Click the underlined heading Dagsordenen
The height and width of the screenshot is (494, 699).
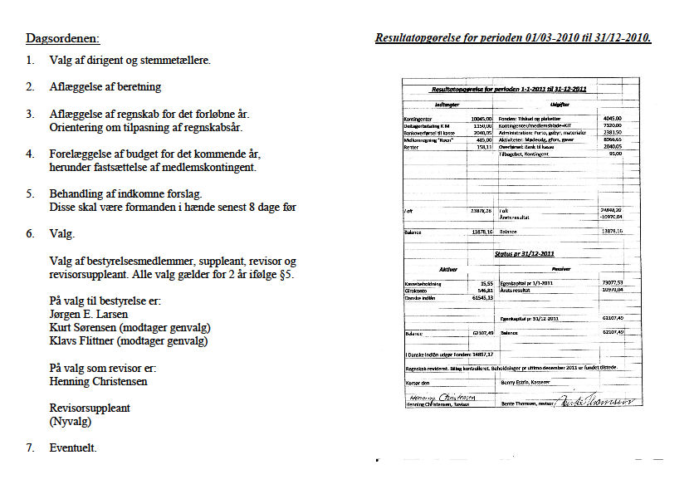pos(62,38)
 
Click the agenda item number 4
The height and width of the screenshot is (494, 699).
pos(31,154)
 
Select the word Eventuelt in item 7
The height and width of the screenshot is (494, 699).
pos(73,448)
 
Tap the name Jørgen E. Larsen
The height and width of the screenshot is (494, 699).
pos(90,315)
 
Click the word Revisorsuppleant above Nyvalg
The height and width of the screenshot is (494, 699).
pos(90,408)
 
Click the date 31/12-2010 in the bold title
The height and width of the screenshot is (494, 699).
pos(616,38)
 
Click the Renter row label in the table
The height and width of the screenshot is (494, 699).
pos(412,147)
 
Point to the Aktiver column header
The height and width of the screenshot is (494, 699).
pos(447,269)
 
